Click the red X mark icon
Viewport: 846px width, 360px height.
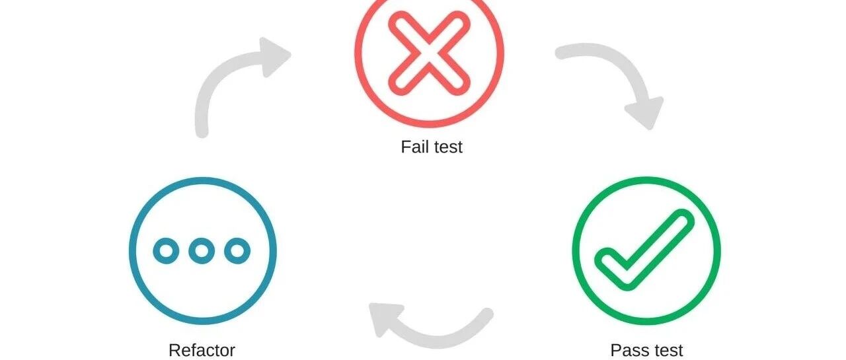[x=429, y=54]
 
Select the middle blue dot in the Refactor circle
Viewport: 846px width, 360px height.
[x=202, y=251]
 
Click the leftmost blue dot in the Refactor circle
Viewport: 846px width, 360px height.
[x=166, y=251]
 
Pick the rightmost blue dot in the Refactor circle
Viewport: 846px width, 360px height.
[x=237, y=251]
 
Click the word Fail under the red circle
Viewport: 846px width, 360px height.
[x=414, y=147]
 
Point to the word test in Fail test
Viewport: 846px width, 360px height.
[x=448, y=147]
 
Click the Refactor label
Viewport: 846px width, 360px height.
[x=202, y=351]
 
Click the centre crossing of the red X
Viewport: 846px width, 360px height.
[x=429, y=54]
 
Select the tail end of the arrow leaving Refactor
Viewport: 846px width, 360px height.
[x=202, y=132]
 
